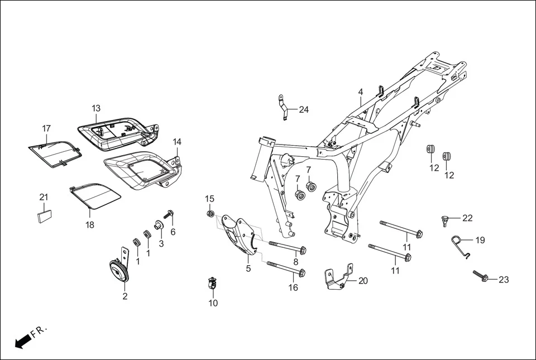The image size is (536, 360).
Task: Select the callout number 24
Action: (x=304, y=109)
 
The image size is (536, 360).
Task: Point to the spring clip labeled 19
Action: (x=460, y=243)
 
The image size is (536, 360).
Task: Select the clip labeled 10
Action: (x=212, y=283)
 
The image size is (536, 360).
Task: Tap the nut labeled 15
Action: (x=210, y=213)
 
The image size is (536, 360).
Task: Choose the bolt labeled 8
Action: (x=288, y=247)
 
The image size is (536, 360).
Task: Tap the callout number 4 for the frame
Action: (x=361, y=92)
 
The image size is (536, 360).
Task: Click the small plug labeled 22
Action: (x=445, y=219)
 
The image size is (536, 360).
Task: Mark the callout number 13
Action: (x=96, y=108)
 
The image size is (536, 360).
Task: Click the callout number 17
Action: (x=46, y=128)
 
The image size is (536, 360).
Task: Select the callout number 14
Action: (x=177, y=142)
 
